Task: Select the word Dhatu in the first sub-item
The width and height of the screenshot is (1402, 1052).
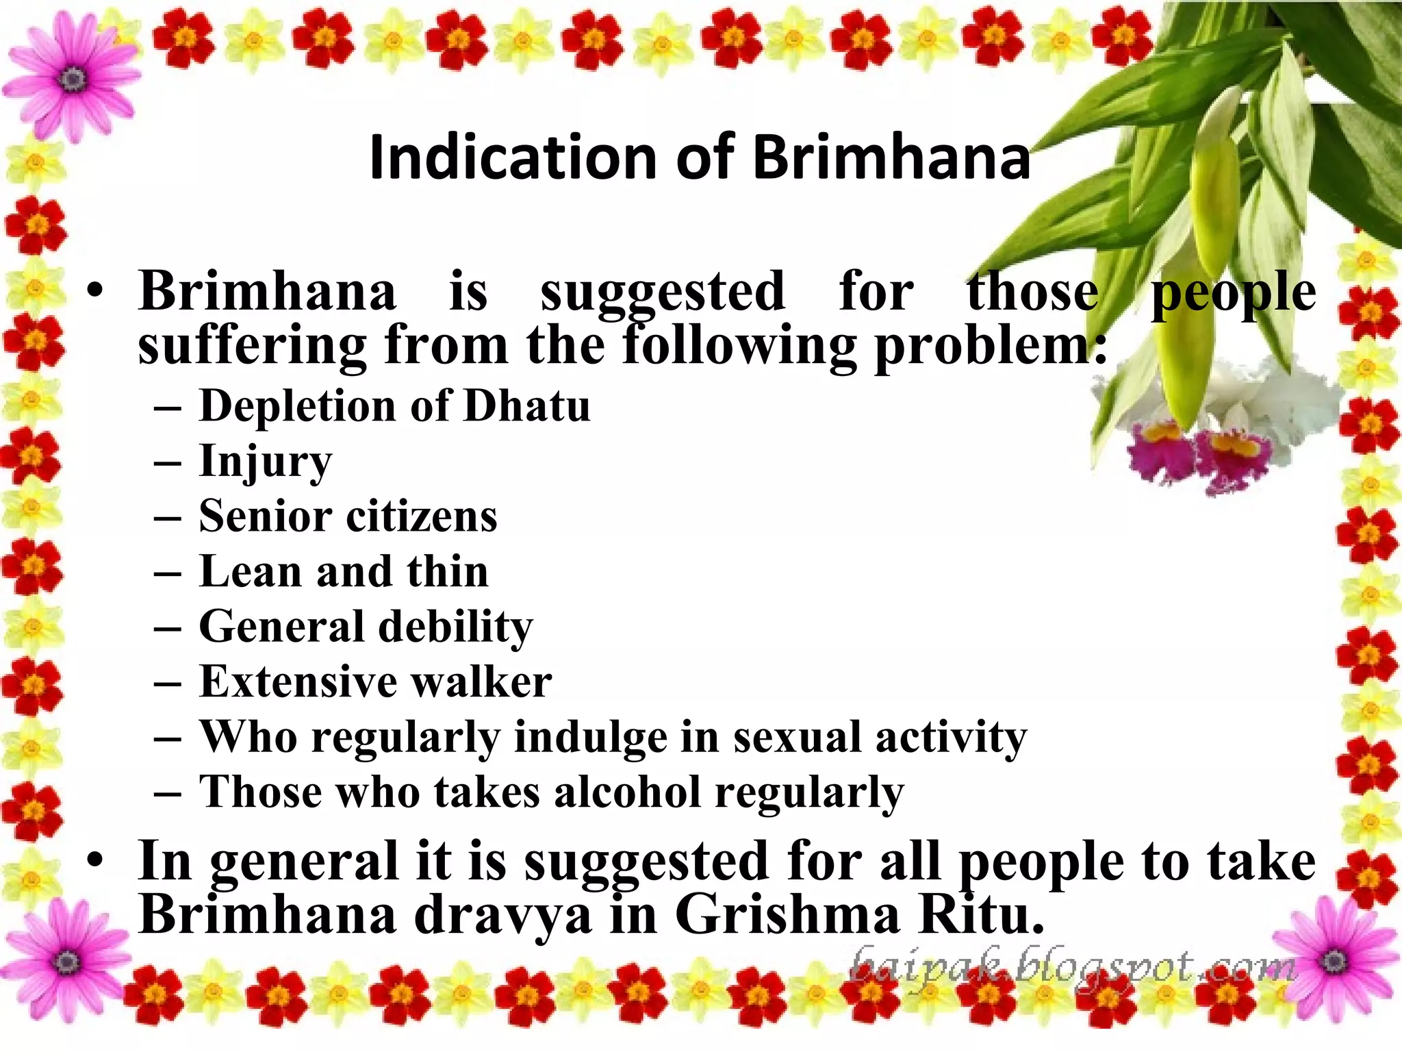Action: pos(526,406)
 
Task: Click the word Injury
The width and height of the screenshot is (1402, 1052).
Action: pos(266,462)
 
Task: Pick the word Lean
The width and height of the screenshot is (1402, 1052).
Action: pos(250,572)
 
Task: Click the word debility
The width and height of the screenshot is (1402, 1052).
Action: pos(455,627)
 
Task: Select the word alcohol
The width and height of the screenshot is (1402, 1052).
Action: pos(627,792)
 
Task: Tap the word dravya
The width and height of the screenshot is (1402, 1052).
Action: pos(503,916)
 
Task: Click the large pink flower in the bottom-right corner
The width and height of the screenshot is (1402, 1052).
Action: pos(1331,959)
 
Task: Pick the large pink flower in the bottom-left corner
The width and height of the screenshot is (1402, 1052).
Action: pos(66,959)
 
